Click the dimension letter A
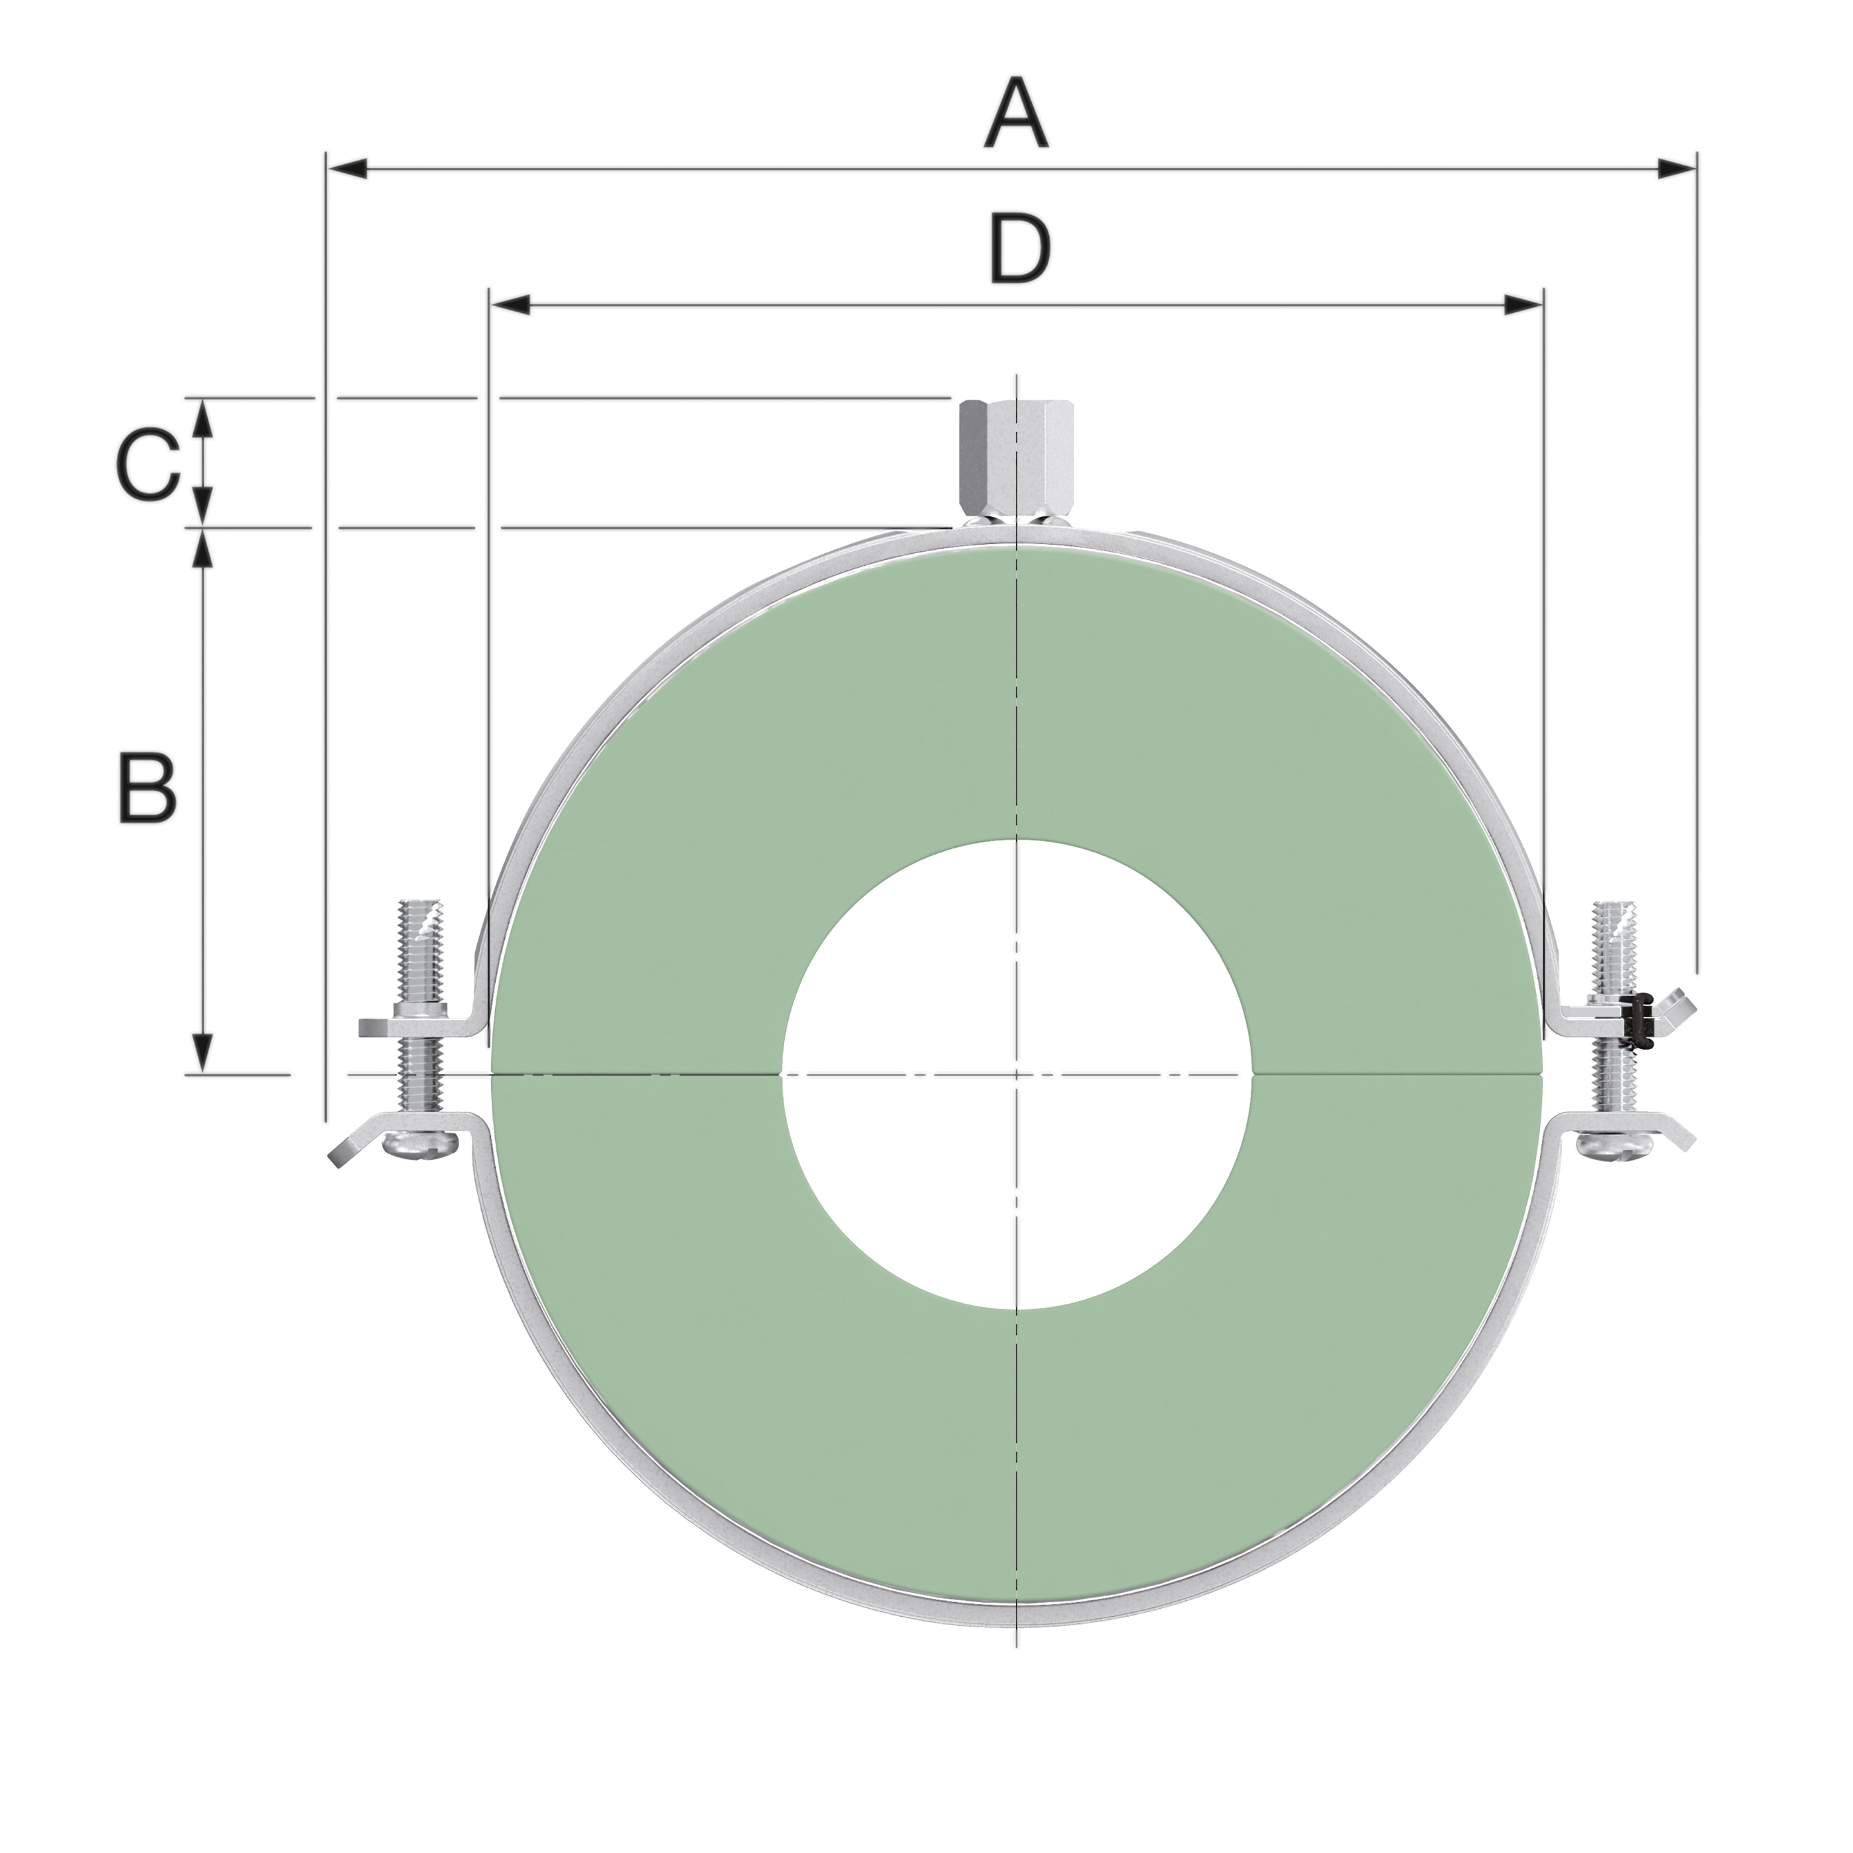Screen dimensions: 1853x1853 (x=1016, y=115)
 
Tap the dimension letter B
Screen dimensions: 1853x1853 (x=147, y=788)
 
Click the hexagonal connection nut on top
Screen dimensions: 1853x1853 (x=1014, y=459)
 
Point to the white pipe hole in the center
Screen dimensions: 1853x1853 (x=1017, y=1074)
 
